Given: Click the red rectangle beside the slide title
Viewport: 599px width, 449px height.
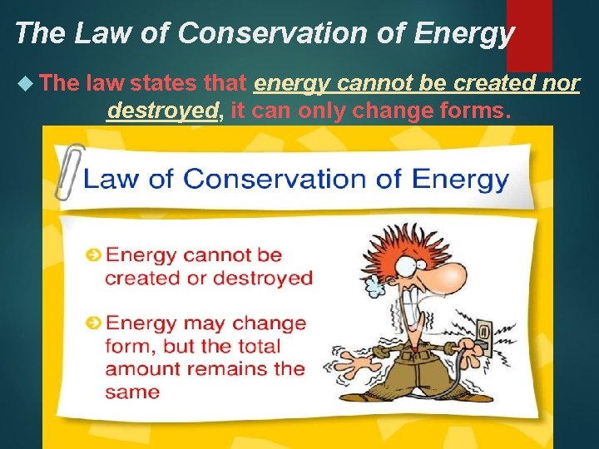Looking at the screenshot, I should coord(529,33).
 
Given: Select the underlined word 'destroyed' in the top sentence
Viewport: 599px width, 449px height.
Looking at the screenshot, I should coord(161,111).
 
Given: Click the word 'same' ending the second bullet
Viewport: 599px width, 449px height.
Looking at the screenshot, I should coord(132,391).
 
